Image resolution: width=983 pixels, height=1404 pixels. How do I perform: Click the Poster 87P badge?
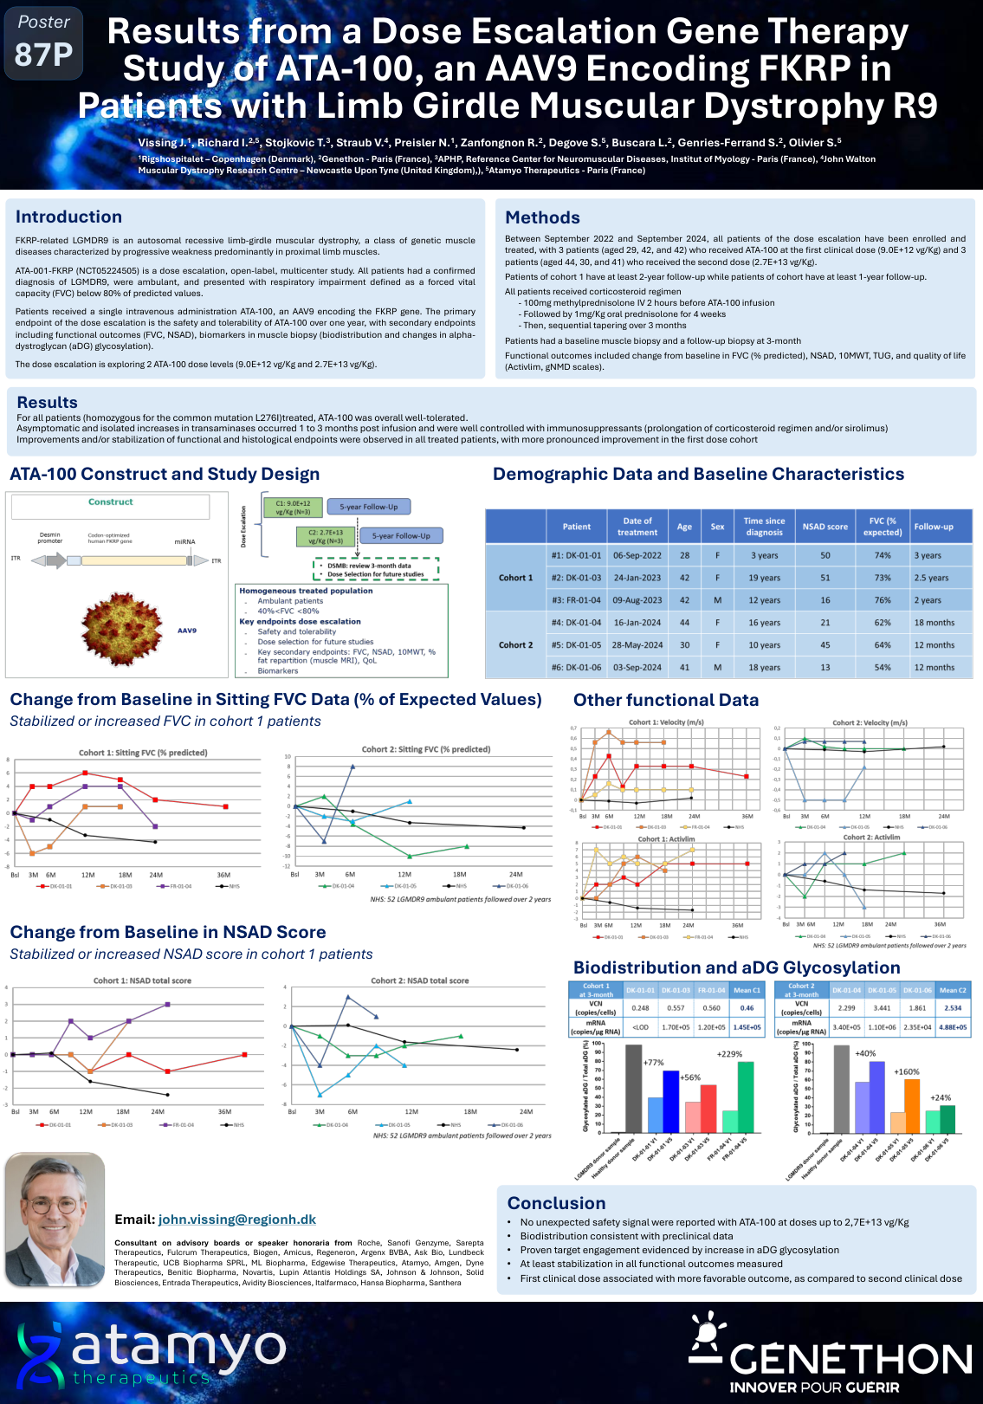(43, 42)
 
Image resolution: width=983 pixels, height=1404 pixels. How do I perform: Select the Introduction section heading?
(68, 217)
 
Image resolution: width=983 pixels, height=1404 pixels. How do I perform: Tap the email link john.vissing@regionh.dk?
(236, 1220)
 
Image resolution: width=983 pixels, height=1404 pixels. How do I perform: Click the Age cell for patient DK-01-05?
(684, 645)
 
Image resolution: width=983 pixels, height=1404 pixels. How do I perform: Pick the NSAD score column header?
(825, 527)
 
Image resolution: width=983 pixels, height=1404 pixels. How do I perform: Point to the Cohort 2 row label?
(515, 645)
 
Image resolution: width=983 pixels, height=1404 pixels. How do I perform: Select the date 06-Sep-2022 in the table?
(637, 556)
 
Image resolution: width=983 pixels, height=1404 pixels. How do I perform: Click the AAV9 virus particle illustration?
(122, 630)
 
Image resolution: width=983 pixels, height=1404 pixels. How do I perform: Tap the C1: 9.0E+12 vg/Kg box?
(293, 508)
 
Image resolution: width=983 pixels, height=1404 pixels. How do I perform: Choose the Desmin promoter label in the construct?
(50, 538)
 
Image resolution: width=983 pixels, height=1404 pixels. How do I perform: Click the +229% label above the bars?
(729, 1054)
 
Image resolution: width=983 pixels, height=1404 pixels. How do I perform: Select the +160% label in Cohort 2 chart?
(906, 1072)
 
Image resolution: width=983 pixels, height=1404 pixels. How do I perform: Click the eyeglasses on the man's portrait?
(53, 1205)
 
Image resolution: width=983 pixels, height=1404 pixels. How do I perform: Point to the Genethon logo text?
(850, 1360)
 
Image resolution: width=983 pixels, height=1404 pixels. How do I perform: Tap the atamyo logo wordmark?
(178, 1347)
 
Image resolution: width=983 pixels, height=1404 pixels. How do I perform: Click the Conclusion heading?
(556, 1203)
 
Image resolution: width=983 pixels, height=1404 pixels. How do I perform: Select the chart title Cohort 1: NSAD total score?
(142, 981)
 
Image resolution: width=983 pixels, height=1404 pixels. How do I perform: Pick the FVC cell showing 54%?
(882, 668)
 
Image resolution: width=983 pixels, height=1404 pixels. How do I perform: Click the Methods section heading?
(542, 218)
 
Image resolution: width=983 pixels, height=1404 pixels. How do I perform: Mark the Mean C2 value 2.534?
(953, 1008)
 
